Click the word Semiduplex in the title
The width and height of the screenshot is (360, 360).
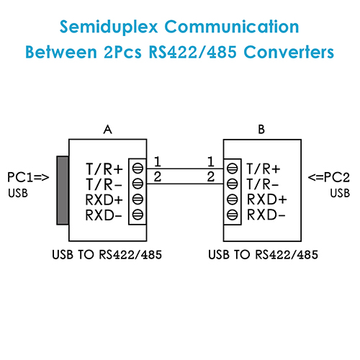(x=109, y=27)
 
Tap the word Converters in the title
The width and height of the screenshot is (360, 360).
(x=289, y=52)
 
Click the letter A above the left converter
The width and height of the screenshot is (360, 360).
(x=108, y=130)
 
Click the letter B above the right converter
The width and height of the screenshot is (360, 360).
(x=261, y=130)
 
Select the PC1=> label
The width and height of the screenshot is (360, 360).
(x=28, y=177)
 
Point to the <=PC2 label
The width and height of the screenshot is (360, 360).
(x=329, y=177)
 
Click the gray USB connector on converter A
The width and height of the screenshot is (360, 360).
(x=63, y=190)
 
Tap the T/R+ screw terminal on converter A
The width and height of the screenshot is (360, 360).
(x=138, y=168)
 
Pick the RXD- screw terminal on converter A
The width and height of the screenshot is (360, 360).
(x=138, y=215)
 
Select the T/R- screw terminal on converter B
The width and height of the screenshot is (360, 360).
(x=232, y=184)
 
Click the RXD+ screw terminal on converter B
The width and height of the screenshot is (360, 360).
(x=232, y=199)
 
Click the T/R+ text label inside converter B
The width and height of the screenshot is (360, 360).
(x=264, y=168)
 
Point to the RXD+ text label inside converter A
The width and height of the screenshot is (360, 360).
(x=104, y=199)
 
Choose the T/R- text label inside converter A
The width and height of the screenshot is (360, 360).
(x=104, y=184)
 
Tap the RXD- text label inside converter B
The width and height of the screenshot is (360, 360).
(x=266, y=215)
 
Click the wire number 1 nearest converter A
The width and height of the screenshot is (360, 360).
(x=158, y=161)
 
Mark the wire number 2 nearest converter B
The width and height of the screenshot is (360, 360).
(x=211, y=177)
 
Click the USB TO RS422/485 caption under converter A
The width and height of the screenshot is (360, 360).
(x=107, y=255)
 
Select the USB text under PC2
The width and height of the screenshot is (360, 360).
(x=340, y=193)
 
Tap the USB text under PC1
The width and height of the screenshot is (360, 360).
(x=18, y=193)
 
